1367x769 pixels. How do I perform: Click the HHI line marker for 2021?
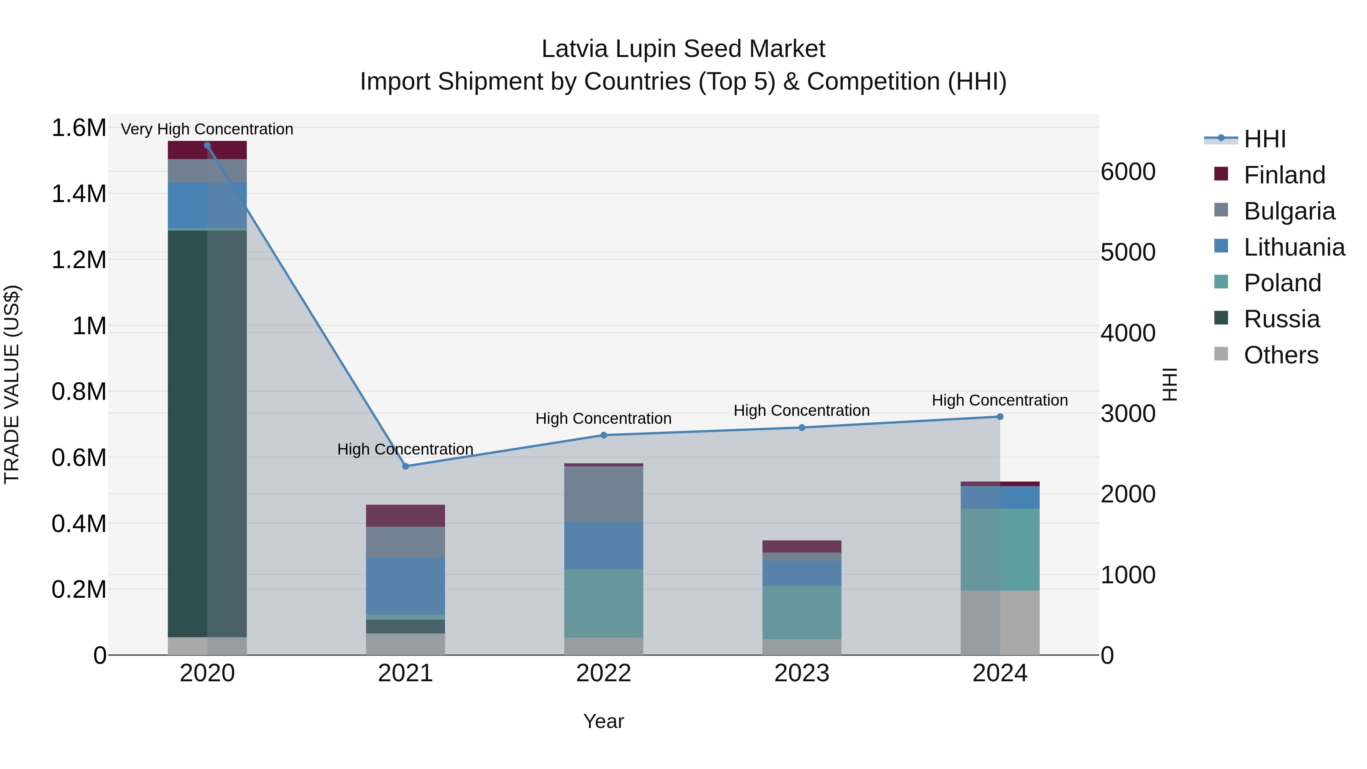coord(406,466)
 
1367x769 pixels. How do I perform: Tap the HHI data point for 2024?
coord(1000,417)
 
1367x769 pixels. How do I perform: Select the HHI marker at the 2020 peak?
coord(207,145)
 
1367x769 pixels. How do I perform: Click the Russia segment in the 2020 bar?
coord(207,433)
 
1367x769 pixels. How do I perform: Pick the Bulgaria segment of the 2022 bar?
coord(603,494)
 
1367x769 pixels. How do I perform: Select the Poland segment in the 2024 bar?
coord(1000,549)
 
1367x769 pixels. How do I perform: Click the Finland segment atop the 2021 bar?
coord(406,515)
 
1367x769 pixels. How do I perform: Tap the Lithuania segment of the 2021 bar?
coord(406,585)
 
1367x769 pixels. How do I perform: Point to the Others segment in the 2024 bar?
coord(1000,622)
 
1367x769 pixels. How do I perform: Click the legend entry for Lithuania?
coord(1293,247)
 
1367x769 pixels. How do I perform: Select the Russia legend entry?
coord(1281,319)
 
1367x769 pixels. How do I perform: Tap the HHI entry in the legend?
coord(1264,139)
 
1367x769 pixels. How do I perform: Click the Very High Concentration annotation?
coord(207,129)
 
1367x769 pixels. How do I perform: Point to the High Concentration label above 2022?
coord(603,418)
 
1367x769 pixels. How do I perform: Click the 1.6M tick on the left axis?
coord(79,128)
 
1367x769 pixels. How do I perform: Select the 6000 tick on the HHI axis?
coord(1128,171)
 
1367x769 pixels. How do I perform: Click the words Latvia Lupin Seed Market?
coord(683,49)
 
